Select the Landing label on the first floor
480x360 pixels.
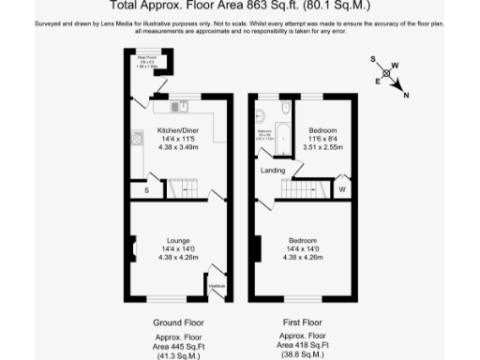pyautogui.click(x=273, y=171)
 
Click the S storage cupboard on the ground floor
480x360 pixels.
pyautogui.click(x=146, y=189)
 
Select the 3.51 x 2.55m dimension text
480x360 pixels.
pyautogui.click(x=323, y=147)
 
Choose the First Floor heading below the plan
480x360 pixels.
pyautogui.click(x=305, y=322)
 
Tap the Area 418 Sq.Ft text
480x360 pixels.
pyautogui.click(x=305, y=346)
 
